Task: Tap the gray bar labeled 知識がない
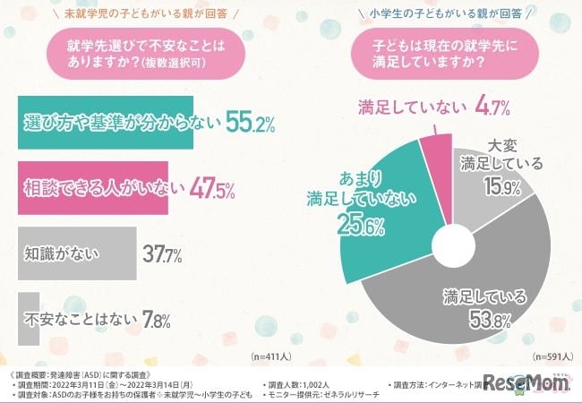pos(76,253)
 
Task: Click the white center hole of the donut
pos(455,244)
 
